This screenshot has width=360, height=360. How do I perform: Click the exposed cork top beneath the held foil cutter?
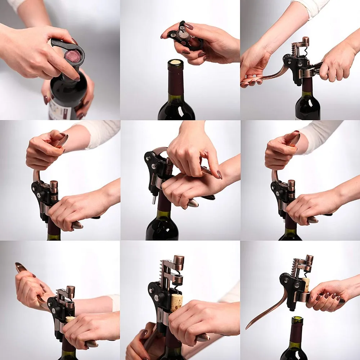176,62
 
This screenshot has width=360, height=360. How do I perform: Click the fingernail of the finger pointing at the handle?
219,175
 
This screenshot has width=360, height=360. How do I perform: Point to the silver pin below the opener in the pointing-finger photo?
154,198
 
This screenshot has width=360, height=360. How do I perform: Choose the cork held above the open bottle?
306,284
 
